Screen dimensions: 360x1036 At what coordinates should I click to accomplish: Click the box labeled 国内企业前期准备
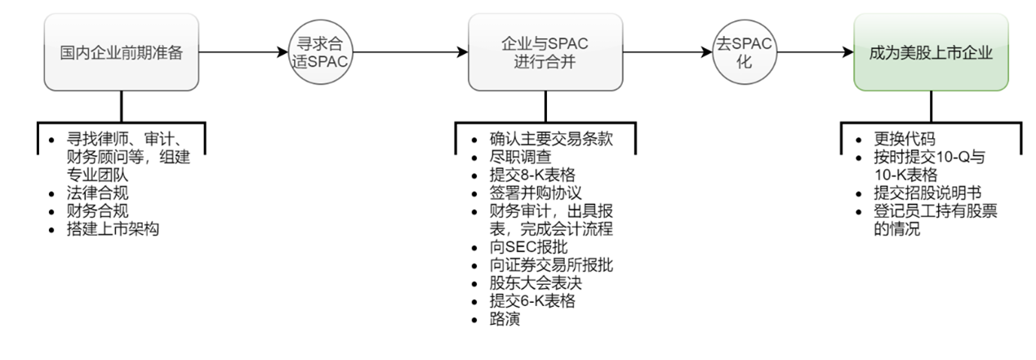[x=121, y=52]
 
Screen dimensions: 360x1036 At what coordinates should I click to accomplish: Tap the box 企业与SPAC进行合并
[x=545, y=52]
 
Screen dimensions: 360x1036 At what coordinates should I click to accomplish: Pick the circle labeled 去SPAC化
[x=743, y=53]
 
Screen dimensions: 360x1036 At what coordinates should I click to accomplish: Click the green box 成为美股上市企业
[x=931, y=52]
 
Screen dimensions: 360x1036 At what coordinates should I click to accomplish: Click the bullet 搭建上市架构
[x=113, y=229]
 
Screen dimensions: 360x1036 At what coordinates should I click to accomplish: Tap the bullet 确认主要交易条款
[x=550, y=140]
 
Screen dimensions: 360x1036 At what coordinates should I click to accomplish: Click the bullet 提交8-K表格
[x=531, y=176]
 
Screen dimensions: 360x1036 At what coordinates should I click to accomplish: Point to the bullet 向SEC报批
[x=527, y=247]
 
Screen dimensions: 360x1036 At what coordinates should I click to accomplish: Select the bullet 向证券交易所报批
[x=550, y=265]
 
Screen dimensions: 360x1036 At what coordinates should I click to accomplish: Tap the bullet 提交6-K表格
[x=531, y=301]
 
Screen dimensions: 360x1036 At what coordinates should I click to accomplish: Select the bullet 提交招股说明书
[x=922, y=193]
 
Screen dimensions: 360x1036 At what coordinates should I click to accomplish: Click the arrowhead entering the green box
[x=848, y=53]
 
